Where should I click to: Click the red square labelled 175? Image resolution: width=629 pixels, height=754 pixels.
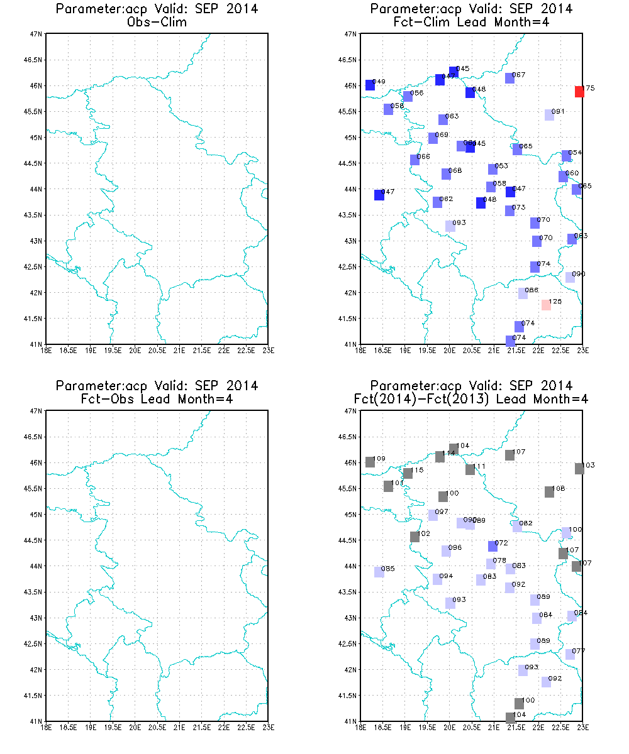[x=579, y=92]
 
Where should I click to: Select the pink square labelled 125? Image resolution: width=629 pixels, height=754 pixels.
[x=546, y=305]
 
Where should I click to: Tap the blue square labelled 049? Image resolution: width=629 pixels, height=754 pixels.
[x=370, y=85]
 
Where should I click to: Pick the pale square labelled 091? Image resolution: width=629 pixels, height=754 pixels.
[x=549, y=115]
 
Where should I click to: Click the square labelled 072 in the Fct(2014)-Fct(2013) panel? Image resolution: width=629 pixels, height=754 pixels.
[x=493, y=546]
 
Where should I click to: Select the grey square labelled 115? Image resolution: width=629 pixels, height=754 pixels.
[x=408, y=473]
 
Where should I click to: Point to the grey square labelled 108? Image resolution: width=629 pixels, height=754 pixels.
[x=549, y=492]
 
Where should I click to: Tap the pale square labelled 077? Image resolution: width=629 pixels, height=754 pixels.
[x=569, y=654]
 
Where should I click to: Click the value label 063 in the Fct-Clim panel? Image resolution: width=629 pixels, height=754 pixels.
[x=452, y=116]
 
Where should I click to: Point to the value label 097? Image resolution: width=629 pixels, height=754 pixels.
[x=442, y=511]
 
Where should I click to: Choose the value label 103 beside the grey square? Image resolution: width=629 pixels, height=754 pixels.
[x=588, y=465]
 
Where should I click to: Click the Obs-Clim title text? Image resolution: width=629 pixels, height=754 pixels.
[x=157, y=21]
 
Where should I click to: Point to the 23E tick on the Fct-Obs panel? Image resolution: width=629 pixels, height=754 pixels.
[x=268, y=728]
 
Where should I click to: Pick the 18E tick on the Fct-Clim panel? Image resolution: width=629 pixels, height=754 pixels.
[x=360, y=351]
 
